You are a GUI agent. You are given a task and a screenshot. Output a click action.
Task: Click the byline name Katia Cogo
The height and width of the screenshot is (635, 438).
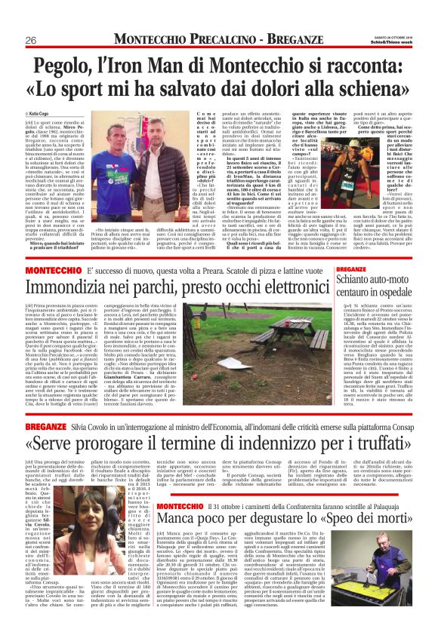(40, 114)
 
